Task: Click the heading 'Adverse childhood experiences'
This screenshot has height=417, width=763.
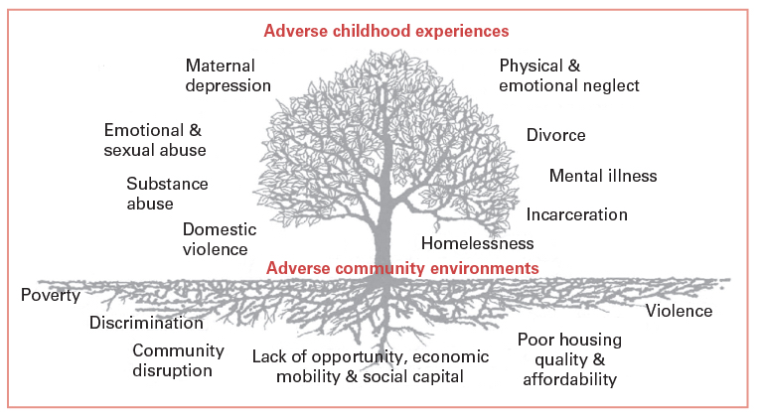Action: [386, 31]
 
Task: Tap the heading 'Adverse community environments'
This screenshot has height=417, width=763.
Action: [403, 268]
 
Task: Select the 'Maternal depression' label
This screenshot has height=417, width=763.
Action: [228, 75]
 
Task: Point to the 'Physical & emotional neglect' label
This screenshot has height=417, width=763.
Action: [568, 75]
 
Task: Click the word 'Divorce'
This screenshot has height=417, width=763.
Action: [555, 135]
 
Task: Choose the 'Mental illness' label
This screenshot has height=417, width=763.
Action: [603, 176]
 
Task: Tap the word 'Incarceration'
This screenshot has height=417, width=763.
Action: [576, 214]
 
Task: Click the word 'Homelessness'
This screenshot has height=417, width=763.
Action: [477, 243]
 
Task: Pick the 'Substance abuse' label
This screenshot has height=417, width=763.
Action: [167, 194]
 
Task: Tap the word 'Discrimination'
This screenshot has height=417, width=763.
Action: [146, 323]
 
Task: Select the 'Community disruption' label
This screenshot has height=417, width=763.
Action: [172, 359]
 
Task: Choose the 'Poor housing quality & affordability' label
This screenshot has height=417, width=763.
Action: [567, 358]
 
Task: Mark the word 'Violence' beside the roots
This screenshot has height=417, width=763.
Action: [679, 311]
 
